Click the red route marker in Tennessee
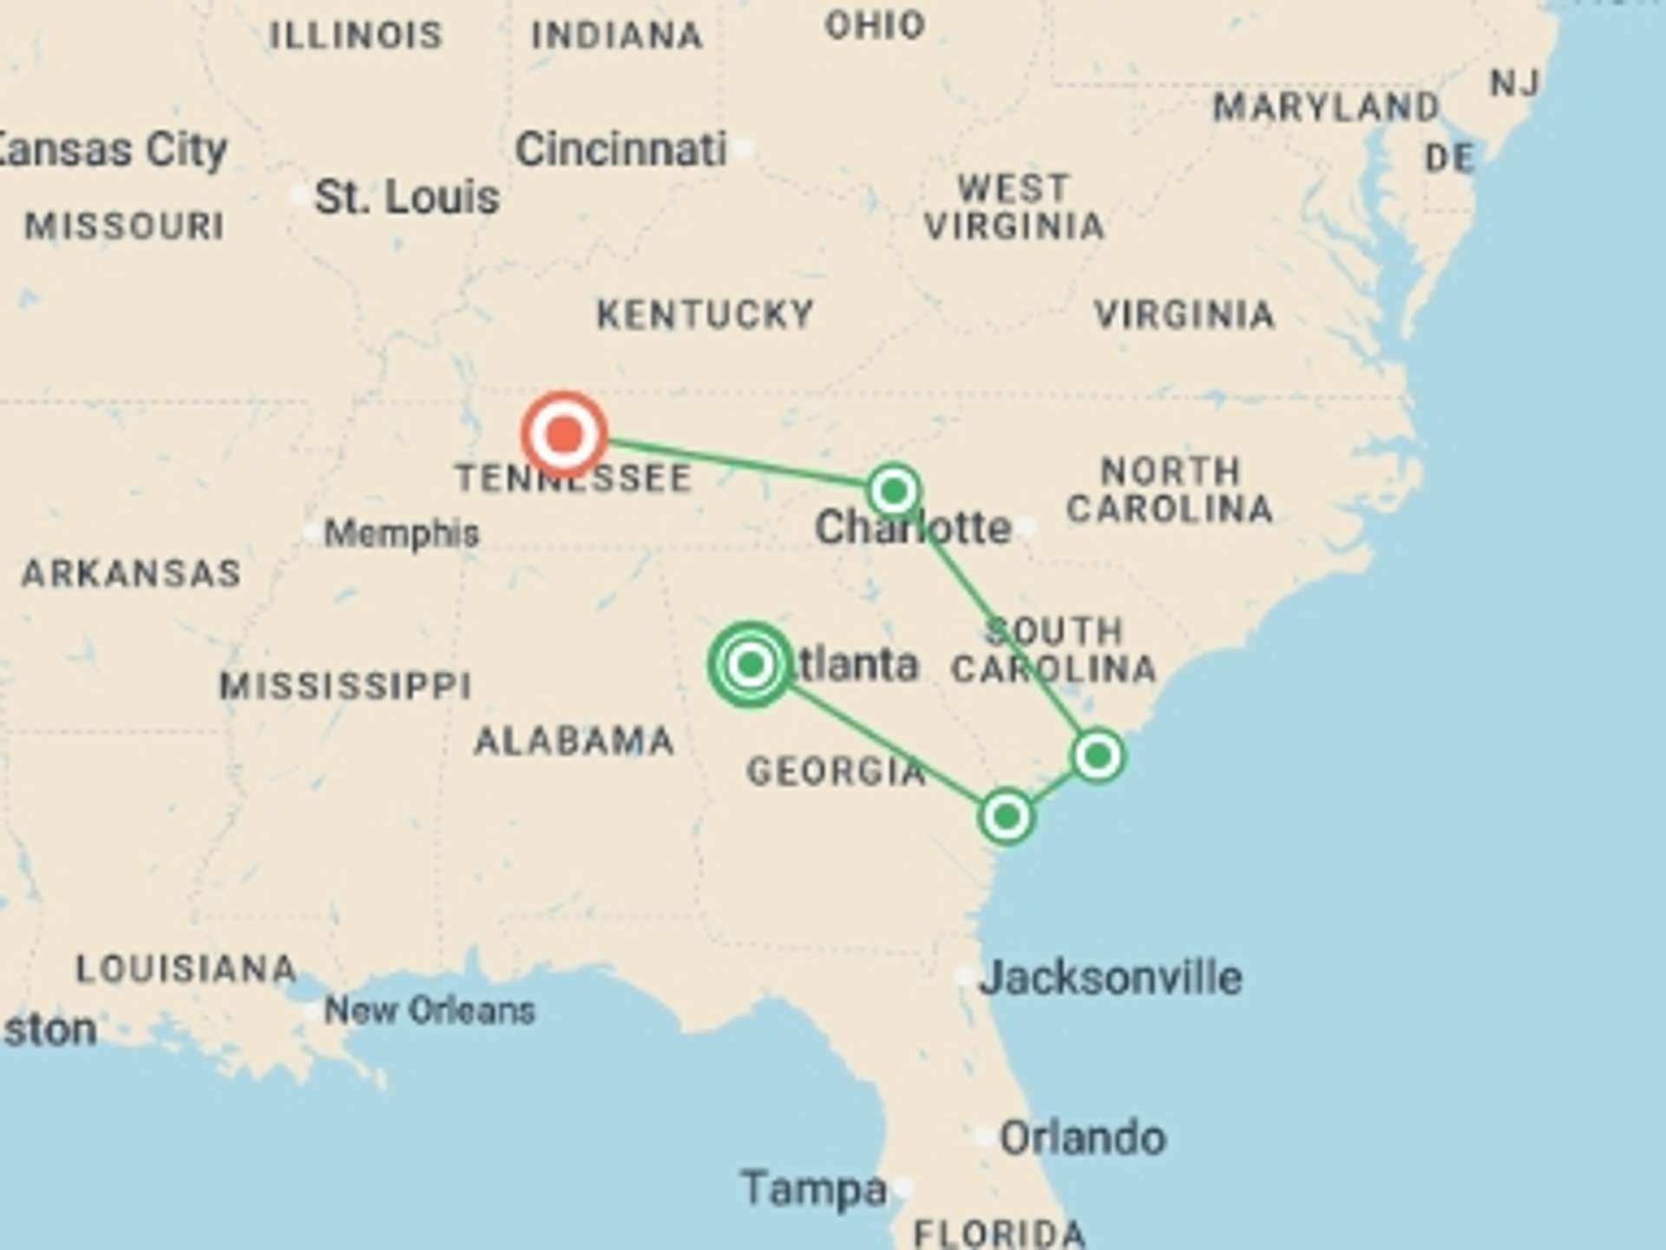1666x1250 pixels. click(564, 433)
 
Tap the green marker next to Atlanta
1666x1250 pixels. click(751, 665)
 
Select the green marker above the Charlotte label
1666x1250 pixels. click(894, 491)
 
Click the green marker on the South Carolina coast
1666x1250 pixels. click(1098, 756)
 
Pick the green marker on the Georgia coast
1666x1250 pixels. click(1006, 817)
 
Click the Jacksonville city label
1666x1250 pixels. click(1111, 977)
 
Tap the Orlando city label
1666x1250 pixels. click(1082, 1138)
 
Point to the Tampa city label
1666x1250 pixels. click(814, 1188)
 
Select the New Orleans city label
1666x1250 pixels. click(430, 1010)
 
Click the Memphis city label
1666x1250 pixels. click(401, 533)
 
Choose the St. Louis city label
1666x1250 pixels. click(406, 197)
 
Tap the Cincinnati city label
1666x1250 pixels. click(620, 149)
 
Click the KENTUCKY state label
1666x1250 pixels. click(705, 314)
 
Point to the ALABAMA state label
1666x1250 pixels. click(574, 741)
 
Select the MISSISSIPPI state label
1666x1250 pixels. click(345, 686)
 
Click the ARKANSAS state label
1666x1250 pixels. click(131, 574)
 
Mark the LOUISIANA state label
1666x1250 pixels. click(186, 969)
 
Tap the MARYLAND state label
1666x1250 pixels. click(1326, 108)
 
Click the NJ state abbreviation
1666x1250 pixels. click(1514, 83)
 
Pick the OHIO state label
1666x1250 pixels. click(875, 25)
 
